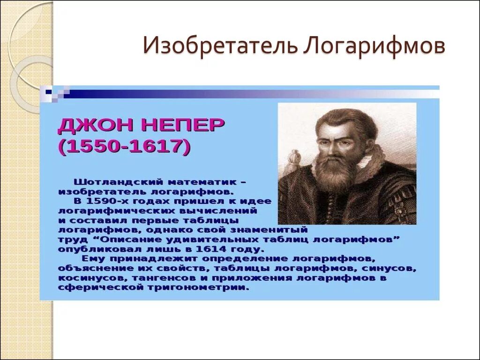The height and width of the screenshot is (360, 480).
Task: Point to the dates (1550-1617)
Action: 125,147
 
